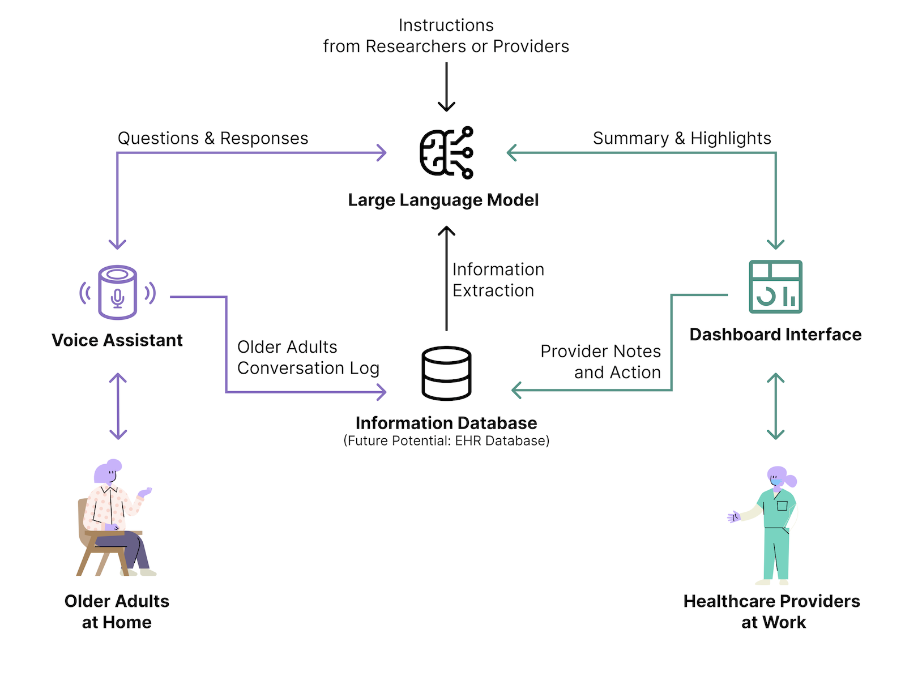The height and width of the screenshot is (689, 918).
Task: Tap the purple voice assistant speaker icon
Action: pyautogui.click(x=117, y=293)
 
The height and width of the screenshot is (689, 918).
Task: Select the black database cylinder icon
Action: pyautogui.click(x=446, y=374)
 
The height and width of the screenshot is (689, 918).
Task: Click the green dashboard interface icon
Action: pyautogui.click(x=775, y=286)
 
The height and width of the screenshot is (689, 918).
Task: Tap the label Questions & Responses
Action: pyautogui.click(x=213, y=138)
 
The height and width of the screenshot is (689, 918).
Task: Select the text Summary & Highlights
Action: pyautogui.click(x=682, y=138)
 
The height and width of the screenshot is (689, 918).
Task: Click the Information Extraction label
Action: pyautogui.click(x=498, y=280)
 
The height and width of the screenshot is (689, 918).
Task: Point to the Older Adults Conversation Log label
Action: pyautogui.click(x=308, y=357)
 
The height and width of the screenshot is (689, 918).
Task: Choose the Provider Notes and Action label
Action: pyautogui.click(x=601, y=362)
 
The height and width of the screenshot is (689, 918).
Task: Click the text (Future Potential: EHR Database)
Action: pyautogui.click(x=446, y=441)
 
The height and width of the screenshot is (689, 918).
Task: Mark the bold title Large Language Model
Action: pyautogui.click(x=443, y=200)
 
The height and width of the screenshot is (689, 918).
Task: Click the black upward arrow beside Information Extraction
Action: pyautogui.click(x=446, y=278)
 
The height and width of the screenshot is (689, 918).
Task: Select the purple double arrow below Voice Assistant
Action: pyautogui.click(x=118, y=406)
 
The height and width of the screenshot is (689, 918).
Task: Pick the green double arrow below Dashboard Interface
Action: pyautogui.click(x=775, y=406)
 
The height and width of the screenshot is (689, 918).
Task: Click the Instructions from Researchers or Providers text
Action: pyautogui.click(x=446, y=36)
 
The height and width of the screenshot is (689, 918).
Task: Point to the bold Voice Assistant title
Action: pyautogui.click(x=117, y=340)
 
